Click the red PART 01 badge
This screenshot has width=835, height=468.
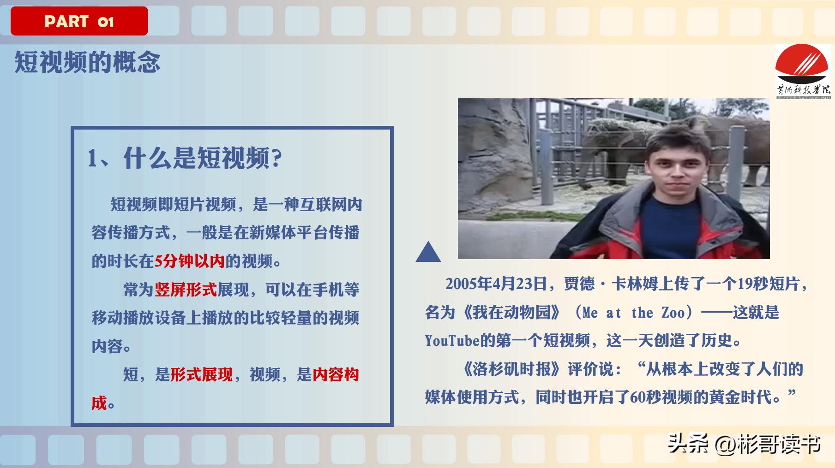(x=79, y=21)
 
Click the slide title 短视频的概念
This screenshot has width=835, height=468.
(x=87, y=62)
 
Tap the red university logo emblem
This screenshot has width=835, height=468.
(x=802, y=65)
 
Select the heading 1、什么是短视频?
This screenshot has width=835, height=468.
(x=185, y=158)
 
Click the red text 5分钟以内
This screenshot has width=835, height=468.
(x=189, y=261)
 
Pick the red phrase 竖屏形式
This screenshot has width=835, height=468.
(x=186, y=290)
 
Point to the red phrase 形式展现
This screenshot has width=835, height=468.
(x=201, y=374)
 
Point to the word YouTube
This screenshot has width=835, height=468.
(x=452, y=341)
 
